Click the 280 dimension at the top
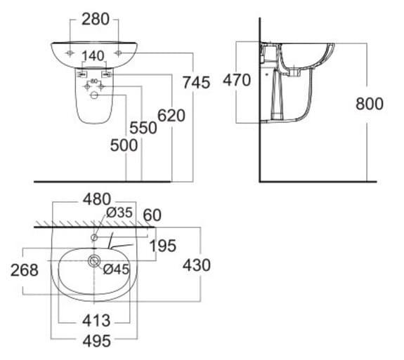pos(96,19)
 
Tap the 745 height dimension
pos(196,82)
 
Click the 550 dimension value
pos(143,128)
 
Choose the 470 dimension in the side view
pos(237,80)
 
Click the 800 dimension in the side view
pos(369,104)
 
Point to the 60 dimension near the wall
pos(152,214)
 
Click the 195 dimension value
pos(162,246)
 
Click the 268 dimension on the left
pos(25,270)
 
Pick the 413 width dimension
pos(96,321)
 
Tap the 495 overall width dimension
pos(96,342)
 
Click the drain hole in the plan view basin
pos(93,262)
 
